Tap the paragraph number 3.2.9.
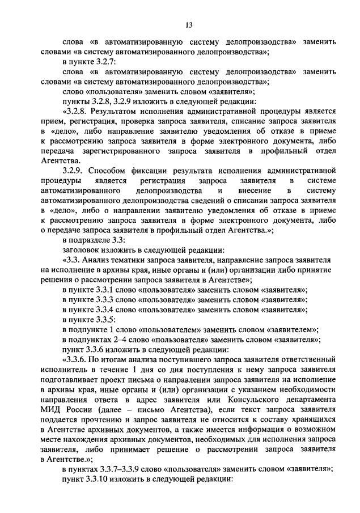coord(75,169)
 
